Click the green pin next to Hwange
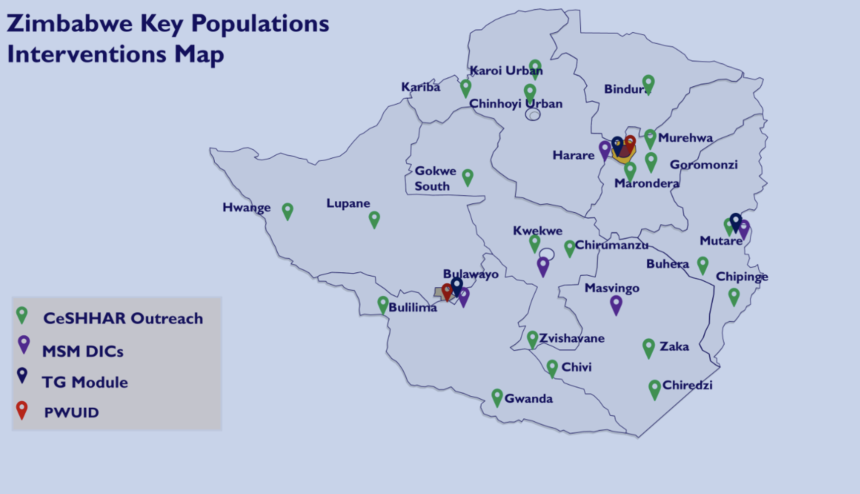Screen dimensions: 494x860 (287, 211)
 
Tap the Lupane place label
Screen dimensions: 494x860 (348, 203)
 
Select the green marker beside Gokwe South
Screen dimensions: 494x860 (467, 177)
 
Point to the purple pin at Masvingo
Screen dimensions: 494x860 (616, 305)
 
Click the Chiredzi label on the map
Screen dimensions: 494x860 (687, 385)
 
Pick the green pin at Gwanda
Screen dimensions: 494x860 (497, 397)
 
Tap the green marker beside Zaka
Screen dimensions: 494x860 (648, 348)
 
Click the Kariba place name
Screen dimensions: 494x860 (421, 87)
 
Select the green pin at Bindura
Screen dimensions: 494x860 (648, 84)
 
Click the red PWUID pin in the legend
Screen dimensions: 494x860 (22, 410)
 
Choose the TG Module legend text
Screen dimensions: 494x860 (85, 382)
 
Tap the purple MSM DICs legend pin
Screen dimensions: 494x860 (24, 344)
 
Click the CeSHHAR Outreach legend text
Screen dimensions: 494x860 (123, 318)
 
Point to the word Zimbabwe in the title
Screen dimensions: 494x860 (70, 24)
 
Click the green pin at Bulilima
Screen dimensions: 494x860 (382, 305)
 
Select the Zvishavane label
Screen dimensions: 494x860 (572, 339)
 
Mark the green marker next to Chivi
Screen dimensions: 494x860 (552, 368)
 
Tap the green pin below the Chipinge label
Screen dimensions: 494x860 (734, 297)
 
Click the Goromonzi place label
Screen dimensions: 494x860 (704, 165)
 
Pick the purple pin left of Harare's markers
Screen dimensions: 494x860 (605, 149)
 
